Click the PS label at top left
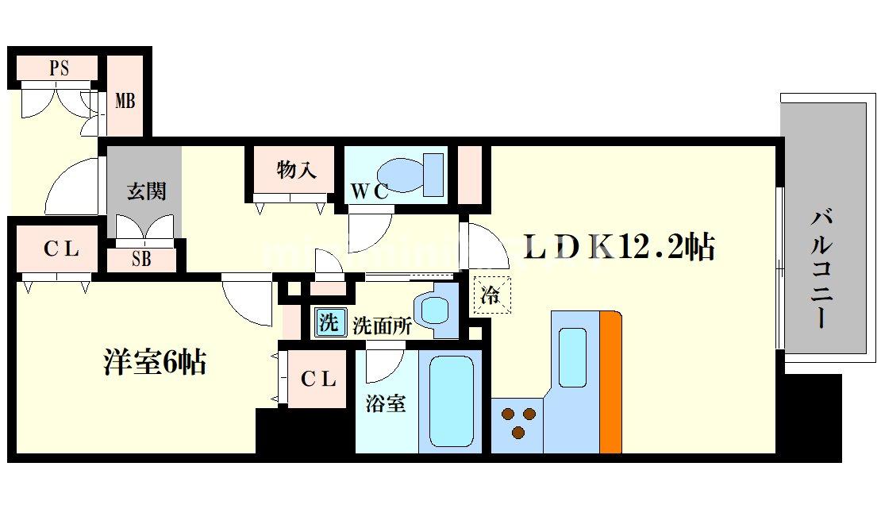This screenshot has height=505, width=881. click(x=60, y=68)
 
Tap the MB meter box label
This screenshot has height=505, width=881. click(x=125, y=101)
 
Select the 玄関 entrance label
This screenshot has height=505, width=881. click(x=147, y=191)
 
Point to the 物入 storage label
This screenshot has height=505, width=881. click(x=297, y=169)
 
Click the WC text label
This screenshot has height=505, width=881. click(x=370, y=191)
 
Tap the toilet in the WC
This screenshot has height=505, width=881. click(x=409, y=173)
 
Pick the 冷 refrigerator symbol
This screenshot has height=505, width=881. click(x=491, y=296)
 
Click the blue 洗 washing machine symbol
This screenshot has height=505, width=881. click(x=327, y=322)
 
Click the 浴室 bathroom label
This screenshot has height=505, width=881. click(x=386, y=403)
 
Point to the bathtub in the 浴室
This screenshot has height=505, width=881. click(x=451, y=400)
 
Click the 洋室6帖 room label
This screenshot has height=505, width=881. click(x=155, y=362)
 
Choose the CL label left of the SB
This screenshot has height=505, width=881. click(x=61, y=249)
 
